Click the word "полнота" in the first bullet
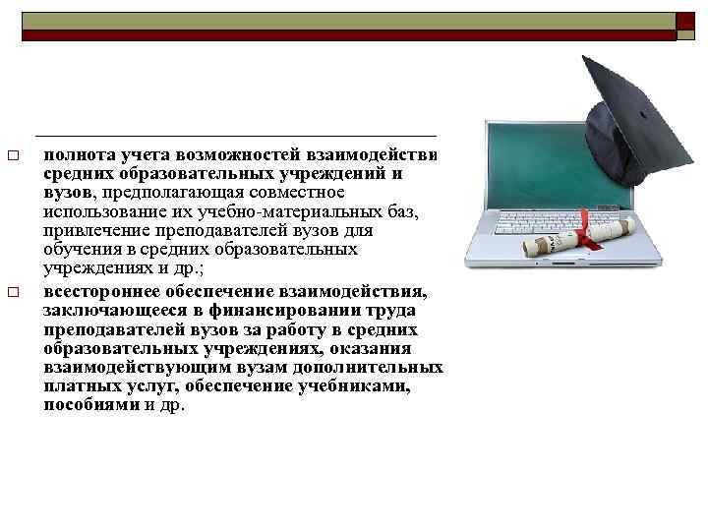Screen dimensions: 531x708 point(76,155)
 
